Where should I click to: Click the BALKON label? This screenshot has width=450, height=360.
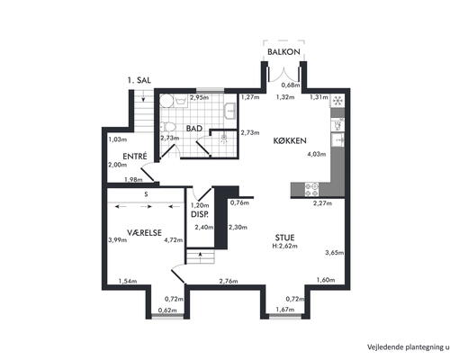coord(283,51)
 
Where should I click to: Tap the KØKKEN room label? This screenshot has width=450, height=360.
coord(290,140)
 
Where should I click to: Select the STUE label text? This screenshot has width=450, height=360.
coord(284,238)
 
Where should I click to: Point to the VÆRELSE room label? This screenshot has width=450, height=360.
coord(144,232)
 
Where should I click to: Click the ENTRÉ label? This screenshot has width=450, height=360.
coord(135,156)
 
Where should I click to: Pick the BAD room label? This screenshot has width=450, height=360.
coord(194,129)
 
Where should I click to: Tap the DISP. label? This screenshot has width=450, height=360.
coord(200,214)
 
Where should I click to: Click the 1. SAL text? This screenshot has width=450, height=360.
coord(139,80)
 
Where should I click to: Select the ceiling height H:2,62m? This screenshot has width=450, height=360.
coord(284,246)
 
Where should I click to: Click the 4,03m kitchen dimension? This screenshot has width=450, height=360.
coord(317,154)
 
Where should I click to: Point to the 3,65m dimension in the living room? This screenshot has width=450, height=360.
coord(335,253)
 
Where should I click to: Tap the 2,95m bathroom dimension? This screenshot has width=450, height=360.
coord(199,97)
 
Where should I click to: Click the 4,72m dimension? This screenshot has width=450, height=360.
coord(174,240)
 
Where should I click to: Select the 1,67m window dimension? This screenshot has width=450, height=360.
coord(285,310)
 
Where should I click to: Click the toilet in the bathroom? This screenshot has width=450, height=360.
coord(167,127)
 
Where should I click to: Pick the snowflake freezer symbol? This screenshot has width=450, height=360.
coord(337,100)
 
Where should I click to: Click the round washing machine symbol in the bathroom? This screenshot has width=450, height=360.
coord(166,101)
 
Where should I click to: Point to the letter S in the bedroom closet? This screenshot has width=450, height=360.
coord(146,194)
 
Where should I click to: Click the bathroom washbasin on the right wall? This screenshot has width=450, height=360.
coord(230,111)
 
